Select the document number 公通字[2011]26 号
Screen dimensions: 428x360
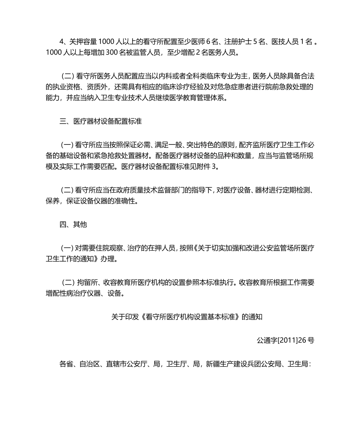(x=285, y=340)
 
